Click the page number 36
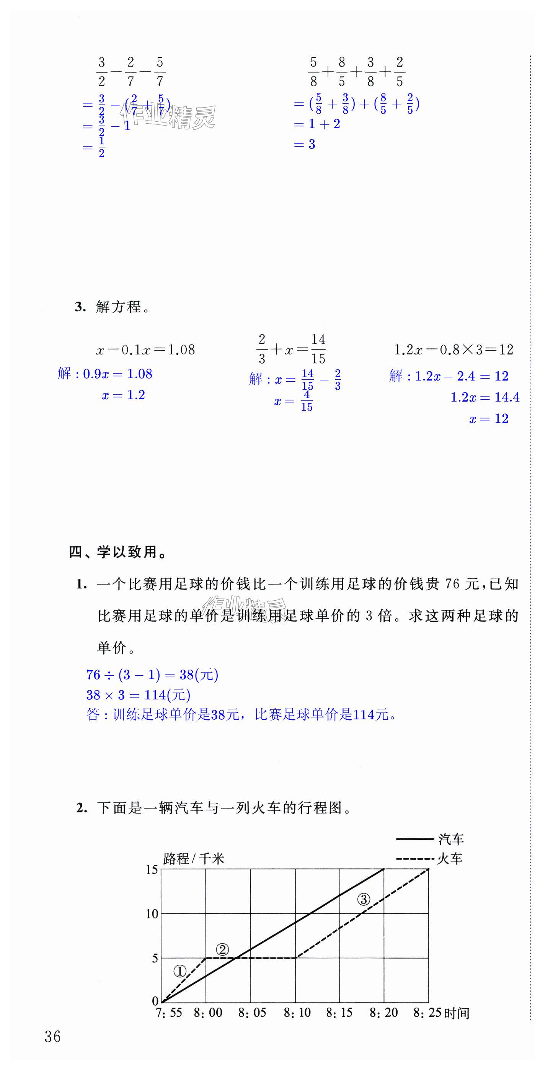tap(53, 1037)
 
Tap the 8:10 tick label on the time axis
tap(297, 1013)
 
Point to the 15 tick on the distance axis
tap(152, 870)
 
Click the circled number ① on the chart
tap(180, 972)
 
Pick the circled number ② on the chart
tap(223, 950)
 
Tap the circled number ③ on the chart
tap(364, 900)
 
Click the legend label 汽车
tap(451, 840)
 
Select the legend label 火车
tap(450, 859)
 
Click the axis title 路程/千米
tap(194, 858)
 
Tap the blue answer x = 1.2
tap(123, 395)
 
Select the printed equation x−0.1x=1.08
tap(145, 350)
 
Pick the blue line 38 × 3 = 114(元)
tap(138, 695)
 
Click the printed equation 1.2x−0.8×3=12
tap(453, 350)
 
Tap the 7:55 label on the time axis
tap(169, 1013)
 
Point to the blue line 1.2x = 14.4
tap(485, 397)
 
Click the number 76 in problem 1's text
tap(452, 585)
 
